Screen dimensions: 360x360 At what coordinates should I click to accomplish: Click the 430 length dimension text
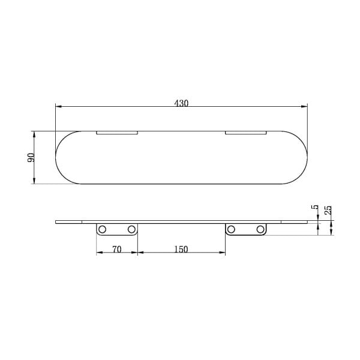pos(181,103)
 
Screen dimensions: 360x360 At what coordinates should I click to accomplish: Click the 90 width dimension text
pos(31,157)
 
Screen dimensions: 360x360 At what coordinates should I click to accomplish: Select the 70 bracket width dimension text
pos(116,249)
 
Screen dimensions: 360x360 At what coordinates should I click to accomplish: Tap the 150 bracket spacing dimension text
pos(181,249)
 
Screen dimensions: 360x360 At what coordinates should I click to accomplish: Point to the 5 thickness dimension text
pos(316,207)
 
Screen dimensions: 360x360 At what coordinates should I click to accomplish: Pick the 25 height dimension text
pos(329,210)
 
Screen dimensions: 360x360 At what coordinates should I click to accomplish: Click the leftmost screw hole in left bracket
pos(102,229)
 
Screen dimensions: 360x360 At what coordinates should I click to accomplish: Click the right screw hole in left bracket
pos(131,229)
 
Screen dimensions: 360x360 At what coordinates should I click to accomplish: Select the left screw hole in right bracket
pos(231,229)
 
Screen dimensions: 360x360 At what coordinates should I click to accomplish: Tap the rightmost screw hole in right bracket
pos(260,229)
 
